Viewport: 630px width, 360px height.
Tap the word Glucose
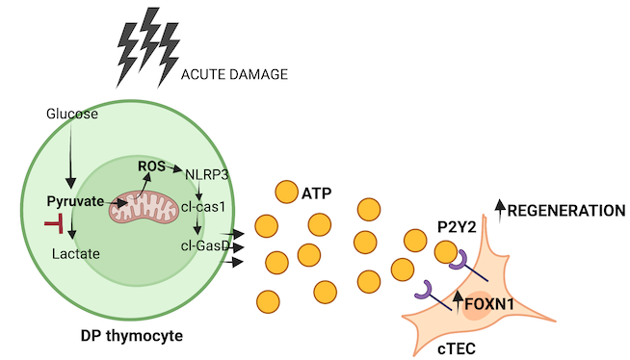click(72, 115)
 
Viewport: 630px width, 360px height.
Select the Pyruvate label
click(75, 202)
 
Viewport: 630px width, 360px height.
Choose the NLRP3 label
click(205, 175)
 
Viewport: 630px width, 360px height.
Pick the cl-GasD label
click(203, 244)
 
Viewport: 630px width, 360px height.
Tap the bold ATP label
click(316, 193)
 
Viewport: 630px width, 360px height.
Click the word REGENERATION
click(565, 210)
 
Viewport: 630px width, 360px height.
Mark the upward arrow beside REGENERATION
click(498, 208)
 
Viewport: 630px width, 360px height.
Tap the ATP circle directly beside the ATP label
click(285, 192)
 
